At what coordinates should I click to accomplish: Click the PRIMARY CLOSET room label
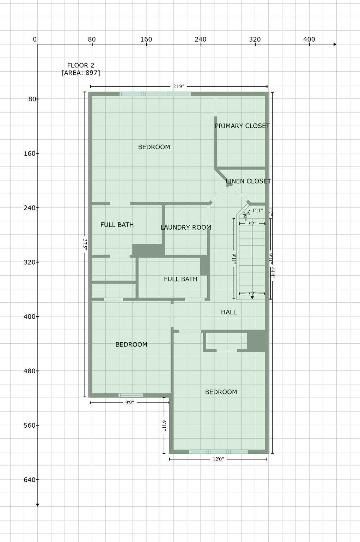pyautogui.click(x=242, y=126)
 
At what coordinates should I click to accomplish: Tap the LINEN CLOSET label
pyautogui.click(x=248, y=181)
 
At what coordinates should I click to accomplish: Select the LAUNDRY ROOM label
pyautogui.click(x=186, y=228)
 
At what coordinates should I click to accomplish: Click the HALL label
pyautogui.click(x=229, y=312)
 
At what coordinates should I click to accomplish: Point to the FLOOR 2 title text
pyautogui.click(x=81, y=65)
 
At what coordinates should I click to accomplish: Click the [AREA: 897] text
pyautogui.click(x=81, y=73)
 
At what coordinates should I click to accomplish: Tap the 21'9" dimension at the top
pyautogui.click(x=179, y=86)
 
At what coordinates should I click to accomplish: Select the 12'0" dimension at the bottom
pyautogui.click(x=218, y=459)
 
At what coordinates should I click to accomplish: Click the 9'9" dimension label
pyautogui.click(x=129, y=403)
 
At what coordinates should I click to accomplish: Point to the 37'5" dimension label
pyautogui.click(x=85, y=245)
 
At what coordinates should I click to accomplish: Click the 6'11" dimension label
pyautogui.click(x=164, y=425)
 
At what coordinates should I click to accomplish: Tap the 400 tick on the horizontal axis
pyautogui.click(x=309, y=40)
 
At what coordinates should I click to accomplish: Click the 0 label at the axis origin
pyautogui.click(x=35, y=40)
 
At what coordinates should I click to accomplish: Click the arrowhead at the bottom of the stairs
pyautogui.click(x=252, y=298)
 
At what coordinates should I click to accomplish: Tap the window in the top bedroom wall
pyautogui.click(x=155, y=94)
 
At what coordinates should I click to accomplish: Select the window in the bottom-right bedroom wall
pyautogui.click(x=218, y=452)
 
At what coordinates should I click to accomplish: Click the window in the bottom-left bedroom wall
pyautogui.click(x=131, y=395)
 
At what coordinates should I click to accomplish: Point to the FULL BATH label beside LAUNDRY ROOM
pyautogui.click(x=117, y=225)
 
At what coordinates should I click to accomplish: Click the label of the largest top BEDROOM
pyautogui.click(x=154, y=147)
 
